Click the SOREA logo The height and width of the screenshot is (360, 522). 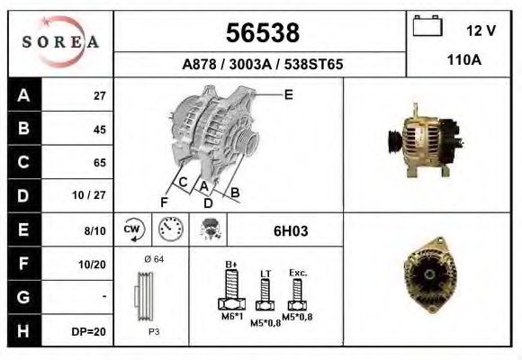tap(60, 42)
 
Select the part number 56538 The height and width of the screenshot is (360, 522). tap(263, 32)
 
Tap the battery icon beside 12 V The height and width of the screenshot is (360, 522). tap(427, 25)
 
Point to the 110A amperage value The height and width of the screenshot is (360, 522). tap(464, 60)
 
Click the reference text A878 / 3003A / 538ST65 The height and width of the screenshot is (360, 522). tap(262, 64)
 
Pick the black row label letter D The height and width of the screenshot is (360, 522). tap(23, 195)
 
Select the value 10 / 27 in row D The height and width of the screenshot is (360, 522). tap(89, 194)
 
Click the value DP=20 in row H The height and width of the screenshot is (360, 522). tap(88, 331)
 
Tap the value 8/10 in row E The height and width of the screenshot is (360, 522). tap(94, 230)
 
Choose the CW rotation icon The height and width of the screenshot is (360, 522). tap(133, 229)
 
